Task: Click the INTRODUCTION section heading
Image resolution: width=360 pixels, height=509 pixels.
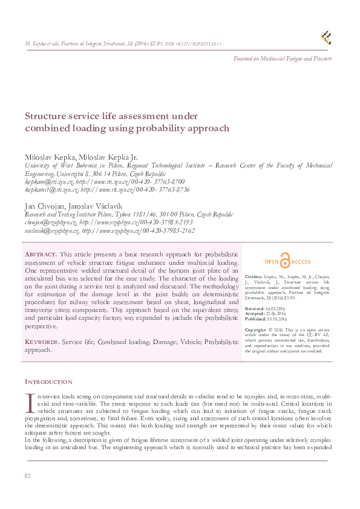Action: click(x=48, y=382)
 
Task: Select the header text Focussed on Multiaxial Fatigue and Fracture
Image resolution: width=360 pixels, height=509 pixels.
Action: click(x=286, y=58)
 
